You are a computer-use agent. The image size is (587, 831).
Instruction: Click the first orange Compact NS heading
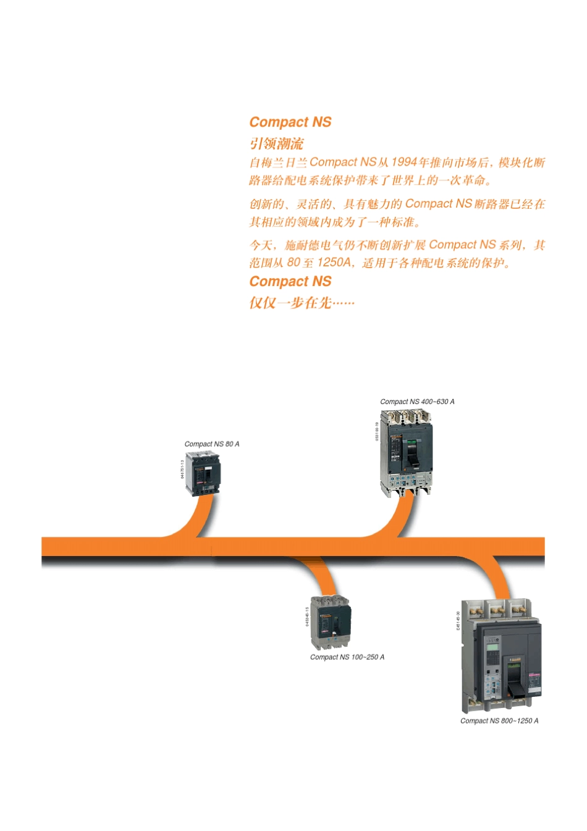(x=290, y=122)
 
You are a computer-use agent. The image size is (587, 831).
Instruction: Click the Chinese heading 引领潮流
(x=276, y=143)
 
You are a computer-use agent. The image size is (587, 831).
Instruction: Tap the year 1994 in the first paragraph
(x=403, y=162)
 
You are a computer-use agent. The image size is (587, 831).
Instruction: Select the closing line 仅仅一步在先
(x=302, y=302)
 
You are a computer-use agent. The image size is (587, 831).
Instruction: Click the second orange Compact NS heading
(x=290, y=281)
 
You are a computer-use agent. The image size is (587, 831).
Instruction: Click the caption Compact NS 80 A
(x=211, y=444)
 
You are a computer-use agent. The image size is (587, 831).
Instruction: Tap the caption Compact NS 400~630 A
(x=417, y=402)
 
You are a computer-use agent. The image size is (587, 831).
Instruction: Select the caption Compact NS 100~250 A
(x=347, y=657)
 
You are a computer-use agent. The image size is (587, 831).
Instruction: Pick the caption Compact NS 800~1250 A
(x=499, y=720)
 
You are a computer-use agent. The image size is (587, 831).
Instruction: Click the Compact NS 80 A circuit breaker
(x=203, y=473)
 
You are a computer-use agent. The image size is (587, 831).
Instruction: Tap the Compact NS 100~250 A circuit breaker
(x=331, y=622)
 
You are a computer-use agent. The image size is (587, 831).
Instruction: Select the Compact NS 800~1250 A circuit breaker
(x=502, y=658)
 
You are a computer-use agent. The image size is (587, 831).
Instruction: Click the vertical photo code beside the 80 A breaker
(x=182, y=469)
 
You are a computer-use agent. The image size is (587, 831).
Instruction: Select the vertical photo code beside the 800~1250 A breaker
(x=458, y=620)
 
